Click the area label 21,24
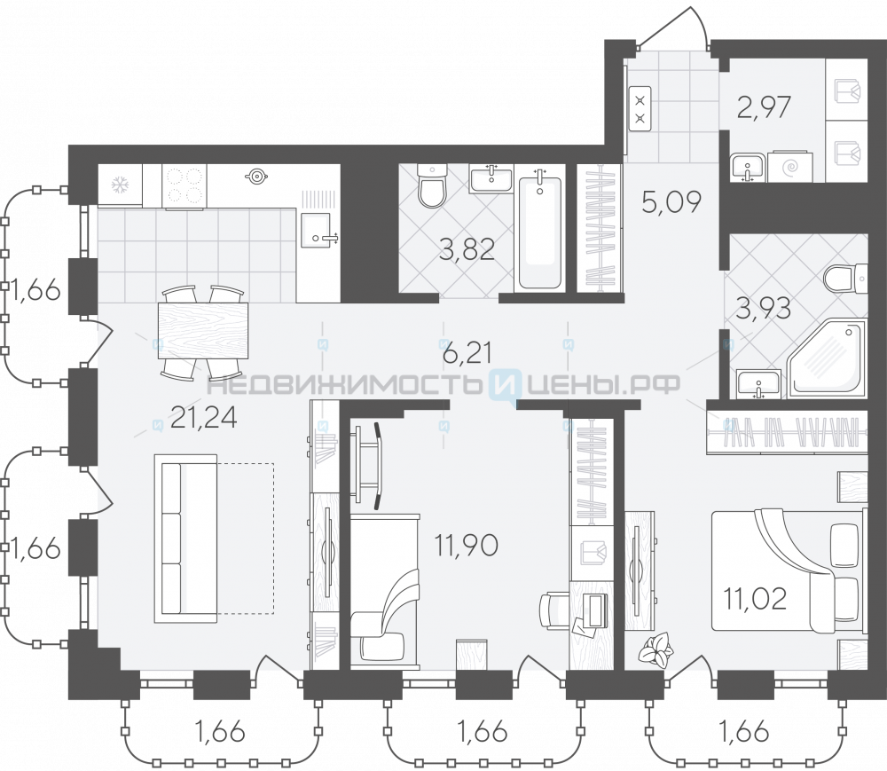point(204,418)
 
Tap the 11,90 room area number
point(467,546)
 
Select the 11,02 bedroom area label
point(756,599)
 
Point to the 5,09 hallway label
point(672,201)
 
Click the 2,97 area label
point(764,106)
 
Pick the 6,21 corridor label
point(467,353)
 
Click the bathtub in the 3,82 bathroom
point(540,232)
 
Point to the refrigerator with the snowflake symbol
point(120,185)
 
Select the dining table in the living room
point(203,331)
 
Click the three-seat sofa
point(185,539)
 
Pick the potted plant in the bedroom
point(656,648)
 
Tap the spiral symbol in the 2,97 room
point(790,167)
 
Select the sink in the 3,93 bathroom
point(759,385)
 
